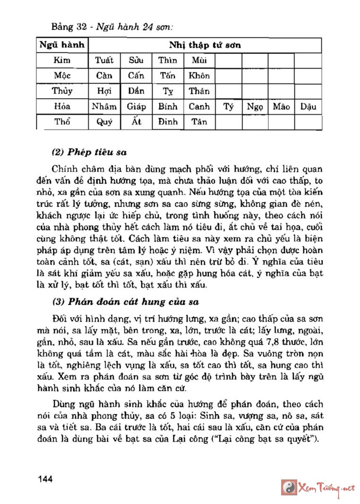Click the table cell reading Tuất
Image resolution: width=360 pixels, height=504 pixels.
(104, 60)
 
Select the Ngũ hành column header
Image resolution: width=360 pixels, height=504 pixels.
(62, 45)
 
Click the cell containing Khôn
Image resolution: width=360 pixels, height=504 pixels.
(199, 76)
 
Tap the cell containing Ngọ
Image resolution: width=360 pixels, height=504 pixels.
(255, 106)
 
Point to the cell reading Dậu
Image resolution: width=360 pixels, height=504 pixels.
(308, 106)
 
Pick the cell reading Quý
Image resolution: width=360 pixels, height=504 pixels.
(104, 122)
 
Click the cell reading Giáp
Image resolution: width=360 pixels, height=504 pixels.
(137, 106)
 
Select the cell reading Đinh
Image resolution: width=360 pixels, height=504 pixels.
(168, 122)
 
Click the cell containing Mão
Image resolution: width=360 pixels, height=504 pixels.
(281, 106)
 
